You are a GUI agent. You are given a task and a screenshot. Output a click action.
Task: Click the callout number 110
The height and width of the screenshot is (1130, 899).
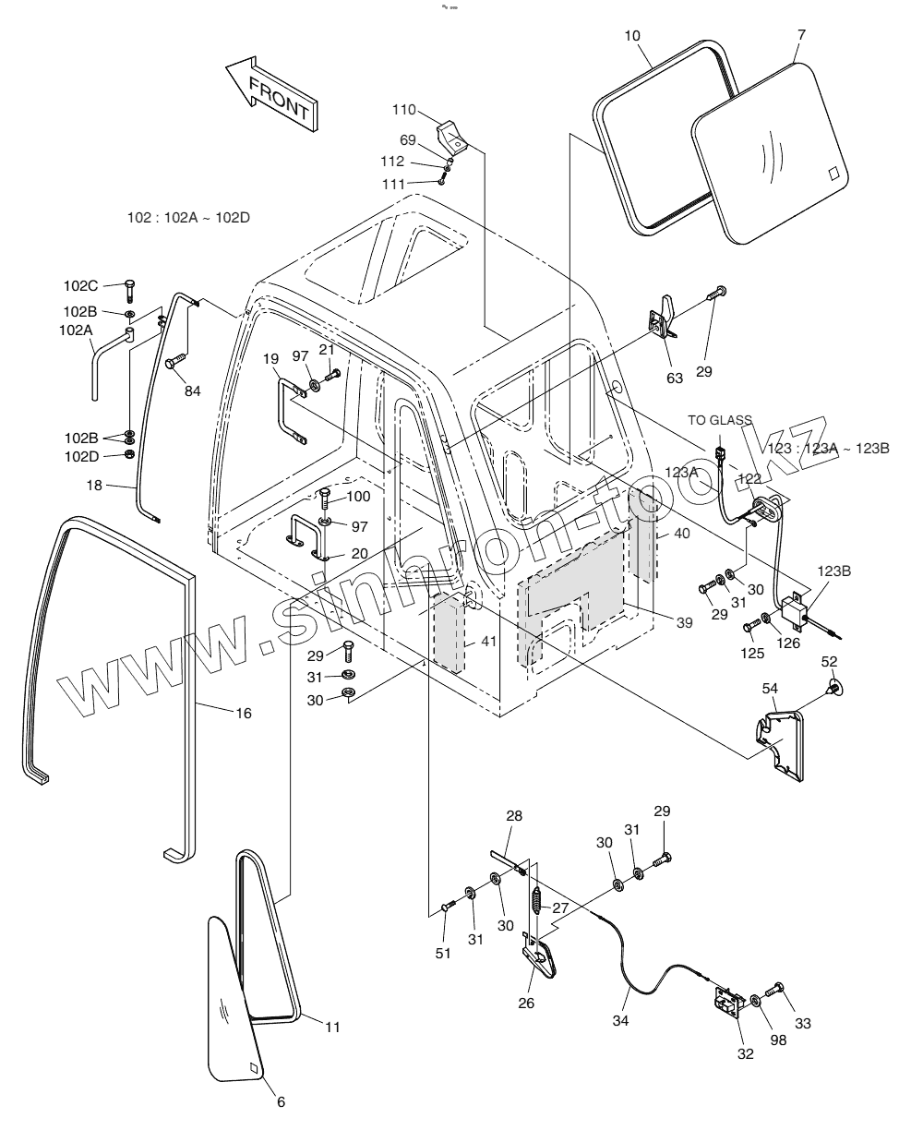click(404, 110)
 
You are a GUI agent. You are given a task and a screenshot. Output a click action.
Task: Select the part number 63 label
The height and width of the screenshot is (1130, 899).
click(675, 377)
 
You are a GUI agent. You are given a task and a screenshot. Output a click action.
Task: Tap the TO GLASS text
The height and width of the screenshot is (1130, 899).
click(720, 420)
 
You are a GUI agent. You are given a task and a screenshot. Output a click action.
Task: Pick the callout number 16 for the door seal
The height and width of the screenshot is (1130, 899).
click(244, 713)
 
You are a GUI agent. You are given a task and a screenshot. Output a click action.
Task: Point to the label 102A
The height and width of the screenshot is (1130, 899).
click(75, 330)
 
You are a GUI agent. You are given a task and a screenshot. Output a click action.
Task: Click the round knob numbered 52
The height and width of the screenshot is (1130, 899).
click(834, 687)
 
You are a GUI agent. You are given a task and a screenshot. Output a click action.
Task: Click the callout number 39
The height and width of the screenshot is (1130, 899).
click(683, 623)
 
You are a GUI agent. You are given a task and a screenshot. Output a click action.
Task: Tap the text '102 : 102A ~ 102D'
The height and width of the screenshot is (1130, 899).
click(189, 218)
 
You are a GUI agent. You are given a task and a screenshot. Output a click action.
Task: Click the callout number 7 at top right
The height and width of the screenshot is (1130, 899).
click(801, 35)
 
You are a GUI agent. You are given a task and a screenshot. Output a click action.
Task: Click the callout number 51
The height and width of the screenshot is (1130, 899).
click(444, 953)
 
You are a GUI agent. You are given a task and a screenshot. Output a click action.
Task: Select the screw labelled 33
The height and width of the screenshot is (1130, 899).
click(776, 991)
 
